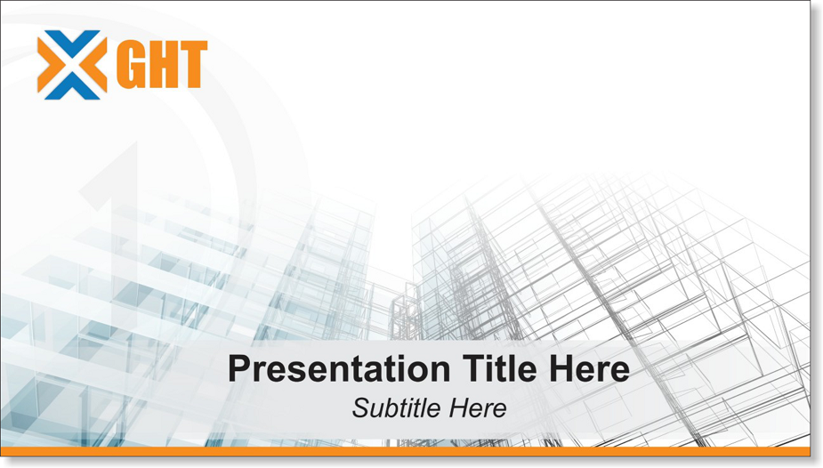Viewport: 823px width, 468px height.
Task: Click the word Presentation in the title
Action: (339, 369)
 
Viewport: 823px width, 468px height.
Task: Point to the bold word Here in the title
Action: (589, 368)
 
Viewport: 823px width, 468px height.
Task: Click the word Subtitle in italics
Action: (392, 407)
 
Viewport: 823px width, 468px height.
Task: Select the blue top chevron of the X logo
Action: (72, 41)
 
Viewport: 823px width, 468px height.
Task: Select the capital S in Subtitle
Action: (361, 408)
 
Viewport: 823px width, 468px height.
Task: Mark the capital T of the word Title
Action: (473, 368)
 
